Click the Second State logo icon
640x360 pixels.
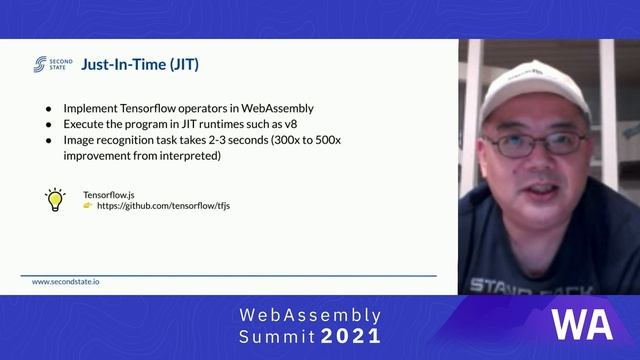pyautogui.click(x=40, y=65)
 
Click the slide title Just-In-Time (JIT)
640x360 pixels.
pyautogui.click(x=139, y=65)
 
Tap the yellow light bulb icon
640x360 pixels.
pyautogui.click(x=55, y=198)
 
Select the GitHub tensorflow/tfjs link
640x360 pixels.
pyautogui.click(x=163, y=205)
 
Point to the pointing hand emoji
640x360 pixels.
pyautogui.click(x=88, y=205)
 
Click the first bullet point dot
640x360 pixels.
pyautogui.click(x=49, y=108)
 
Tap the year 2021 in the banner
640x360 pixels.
pyautogui.click(x=350, y=336)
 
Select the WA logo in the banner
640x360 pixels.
pyautogui.click(x=582, y=325)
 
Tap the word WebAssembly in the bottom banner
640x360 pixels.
pyautogui.click(x=310, y=315)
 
